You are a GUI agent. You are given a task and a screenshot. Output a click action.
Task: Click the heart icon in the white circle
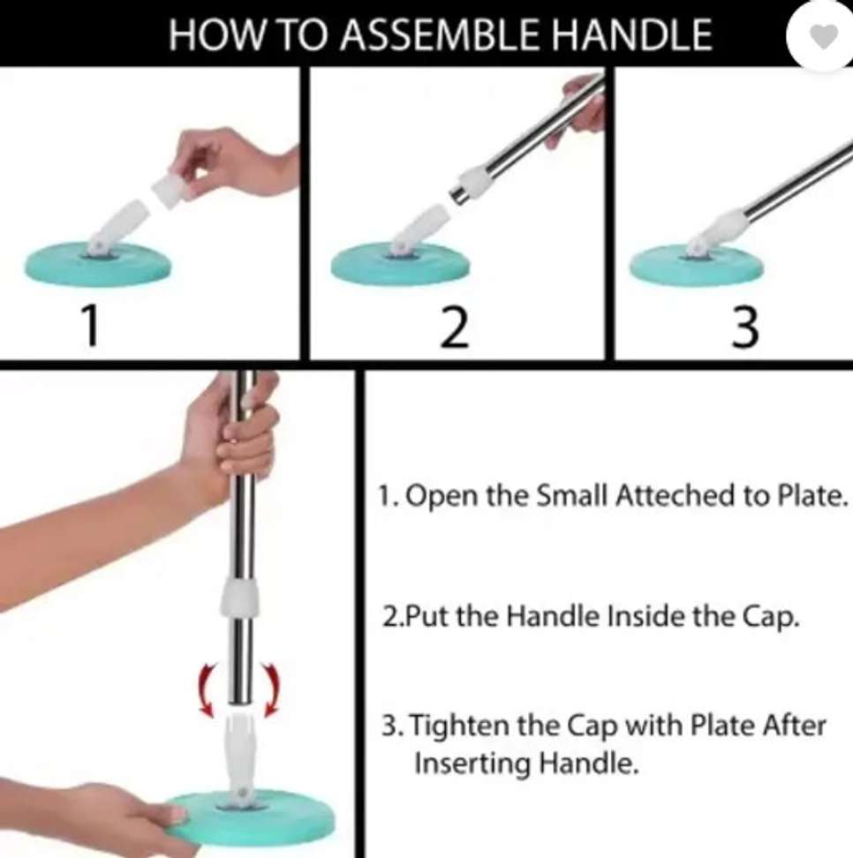point(823,36)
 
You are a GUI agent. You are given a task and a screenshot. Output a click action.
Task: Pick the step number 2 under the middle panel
point(454,327)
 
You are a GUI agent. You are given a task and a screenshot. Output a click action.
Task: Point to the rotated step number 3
point(745,327)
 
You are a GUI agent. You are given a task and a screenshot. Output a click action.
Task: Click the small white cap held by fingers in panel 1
point(169,189)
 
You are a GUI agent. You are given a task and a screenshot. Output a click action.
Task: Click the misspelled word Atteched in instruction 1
point(676,496)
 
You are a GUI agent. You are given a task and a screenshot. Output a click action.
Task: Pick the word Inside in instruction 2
point(646,616)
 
